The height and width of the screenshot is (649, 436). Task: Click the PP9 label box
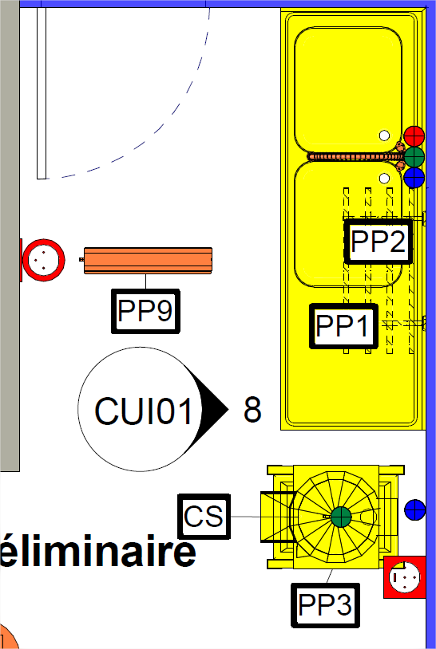click(145, 311)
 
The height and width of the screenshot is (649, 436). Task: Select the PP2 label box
click(378, 242)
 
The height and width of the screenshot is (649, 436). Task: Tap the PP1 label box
click(343, 326)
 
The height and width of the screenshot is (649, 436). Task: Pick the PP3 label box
click(325, 605)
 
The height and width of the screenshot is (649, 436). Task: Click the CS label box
click(204, 516)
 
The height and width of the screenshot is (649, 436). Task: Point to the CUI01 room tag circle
click(141, 409)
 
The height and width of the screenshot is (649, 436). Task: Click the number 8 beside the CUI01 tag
click(252, 410)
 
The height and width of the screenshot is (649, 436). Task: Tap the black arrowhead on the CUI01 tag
click(213, 409)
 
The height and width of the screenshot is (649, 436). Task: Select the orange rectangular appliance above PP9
click(148, 261)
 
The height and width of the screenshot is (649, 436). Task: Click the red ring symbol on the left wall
click(43, 260)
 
